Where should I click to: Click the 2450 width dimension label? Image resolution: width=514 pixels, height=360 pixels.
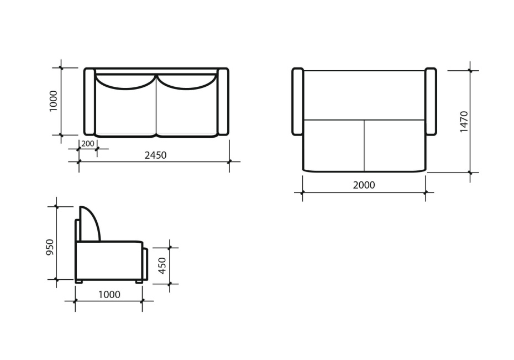point(155,155)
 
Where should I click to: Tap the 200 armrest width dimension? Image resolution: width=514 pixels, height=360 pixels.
point(87,144)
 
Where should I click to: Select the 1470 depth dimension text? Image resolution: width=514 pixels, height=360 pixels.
point(464,122)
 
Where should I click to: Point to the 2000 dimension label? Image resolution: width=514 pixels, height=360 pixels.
point(364,185)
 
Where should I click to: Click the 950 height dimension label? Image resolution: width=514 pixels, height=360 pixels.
point(50,248)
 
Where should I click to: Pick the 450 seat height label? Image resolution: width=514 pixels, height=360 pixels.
point(162,265)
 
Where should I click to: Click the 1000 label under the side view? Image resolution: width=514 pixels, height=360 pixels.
point(109,294)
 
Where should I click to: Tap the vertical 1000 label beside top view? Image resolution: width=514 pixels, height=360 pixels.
point(53,101)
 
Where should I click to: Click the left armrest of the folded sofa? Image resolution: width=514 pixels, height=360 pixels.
point(90,101)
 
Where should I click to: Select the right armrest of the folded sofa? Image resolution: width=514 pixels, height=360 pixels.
point(223,101)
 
